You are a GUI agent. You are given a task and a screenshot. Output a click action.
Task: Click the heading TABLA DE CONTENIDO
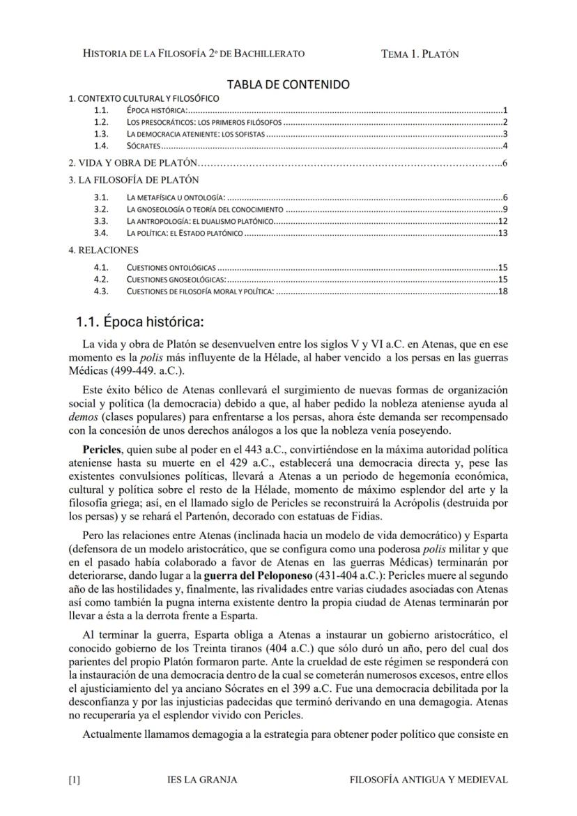288,84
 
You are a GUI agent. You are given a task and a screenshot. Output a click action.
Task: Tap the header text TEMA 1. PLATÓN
420,54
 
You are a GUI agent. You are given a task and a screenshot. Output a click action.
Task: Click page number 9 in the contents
504,209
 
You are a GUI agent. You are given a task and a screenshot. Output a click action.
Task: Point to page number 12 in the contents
502,221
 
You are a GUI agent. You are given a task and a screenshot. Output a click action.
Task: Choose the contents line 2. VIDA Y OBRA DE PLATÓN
133,163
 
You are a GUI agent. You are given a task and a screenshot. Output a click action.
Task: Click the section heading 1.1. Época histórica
139,322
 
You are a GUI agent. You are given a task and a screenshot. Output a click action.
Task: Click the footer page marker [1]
75,780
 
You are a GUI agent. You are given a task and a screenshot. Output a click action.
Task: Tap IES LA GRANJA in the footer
203,780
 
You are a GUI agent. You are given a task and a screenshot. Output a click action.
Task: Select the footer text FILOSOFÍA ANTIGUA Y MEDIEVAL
429,780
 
